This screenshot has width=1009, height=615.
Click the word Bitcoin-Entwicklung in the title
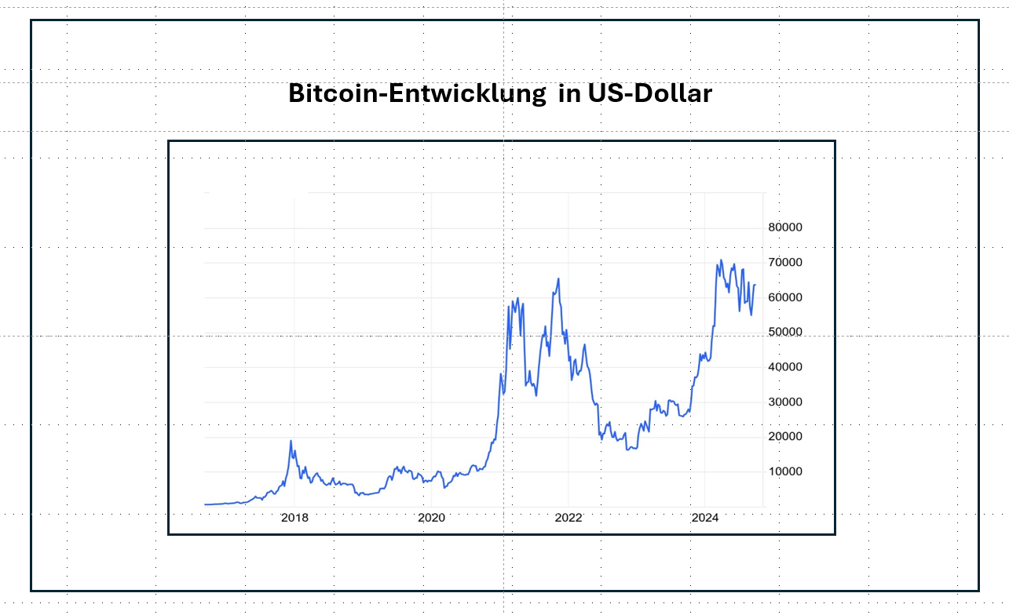pos(417,94)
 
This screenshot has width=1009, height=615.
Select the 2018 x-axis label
pos(294,518)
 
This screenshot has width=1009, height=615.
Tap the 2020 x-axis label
pos(431,518)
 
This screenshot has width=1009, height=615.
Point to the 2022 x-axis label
pos(568,518)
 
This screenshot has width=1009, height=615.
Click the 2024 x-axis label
pos(705,518)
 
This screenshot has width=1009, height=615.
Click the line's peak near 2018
pos(291,441)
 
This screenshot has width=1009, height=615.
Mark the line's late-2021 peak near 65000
pos(558,278)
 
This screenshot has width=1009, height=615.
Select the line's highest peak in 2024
pos(721,260)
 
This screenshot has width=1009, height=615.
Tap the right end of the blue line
pos(755,285)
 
